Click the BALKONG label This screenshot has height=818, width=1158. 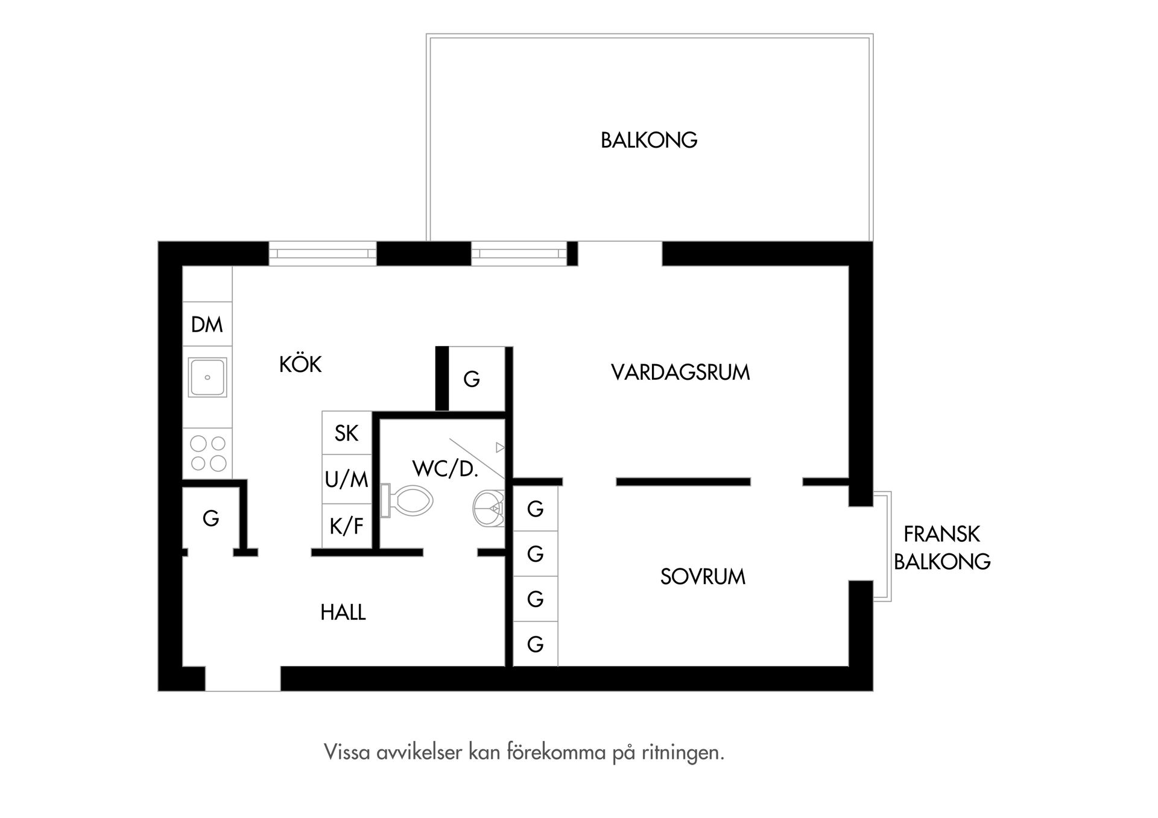point(649,140)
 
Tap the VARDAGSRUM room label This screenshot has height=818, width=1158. point(680,372)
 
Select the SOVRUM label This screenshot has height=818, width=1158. point(703,577)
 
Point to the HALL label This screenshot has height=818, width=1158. point(343,612)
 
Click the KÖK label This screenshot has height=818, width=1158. point(300,365)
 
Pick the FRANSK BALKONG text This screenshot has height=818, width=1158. point(941,547)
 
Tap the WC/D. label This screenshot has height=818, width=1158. point(445,468)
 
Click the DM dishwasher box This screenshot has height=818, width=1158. point(207,324)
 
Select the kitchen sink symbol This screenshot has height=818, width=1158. point(207,377)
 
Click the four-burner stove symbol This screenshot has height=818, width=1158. point(207,453)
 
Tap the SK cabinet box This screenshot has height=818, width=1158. point(346,433)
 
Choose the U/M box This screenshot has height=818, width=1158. point(346,479)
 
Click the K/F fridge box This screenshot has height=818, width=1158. point(346,526)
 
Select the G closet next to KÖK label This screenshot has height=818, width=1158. point(472,379)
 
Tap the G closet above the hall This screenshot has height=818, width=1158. point(210,518)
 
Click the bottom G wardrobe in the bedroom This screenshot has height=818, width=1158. point(535,644)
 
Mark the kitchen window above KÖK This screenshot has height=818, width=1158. point(322,254)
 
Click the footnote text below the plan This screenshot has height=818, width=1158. point(524,752)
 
